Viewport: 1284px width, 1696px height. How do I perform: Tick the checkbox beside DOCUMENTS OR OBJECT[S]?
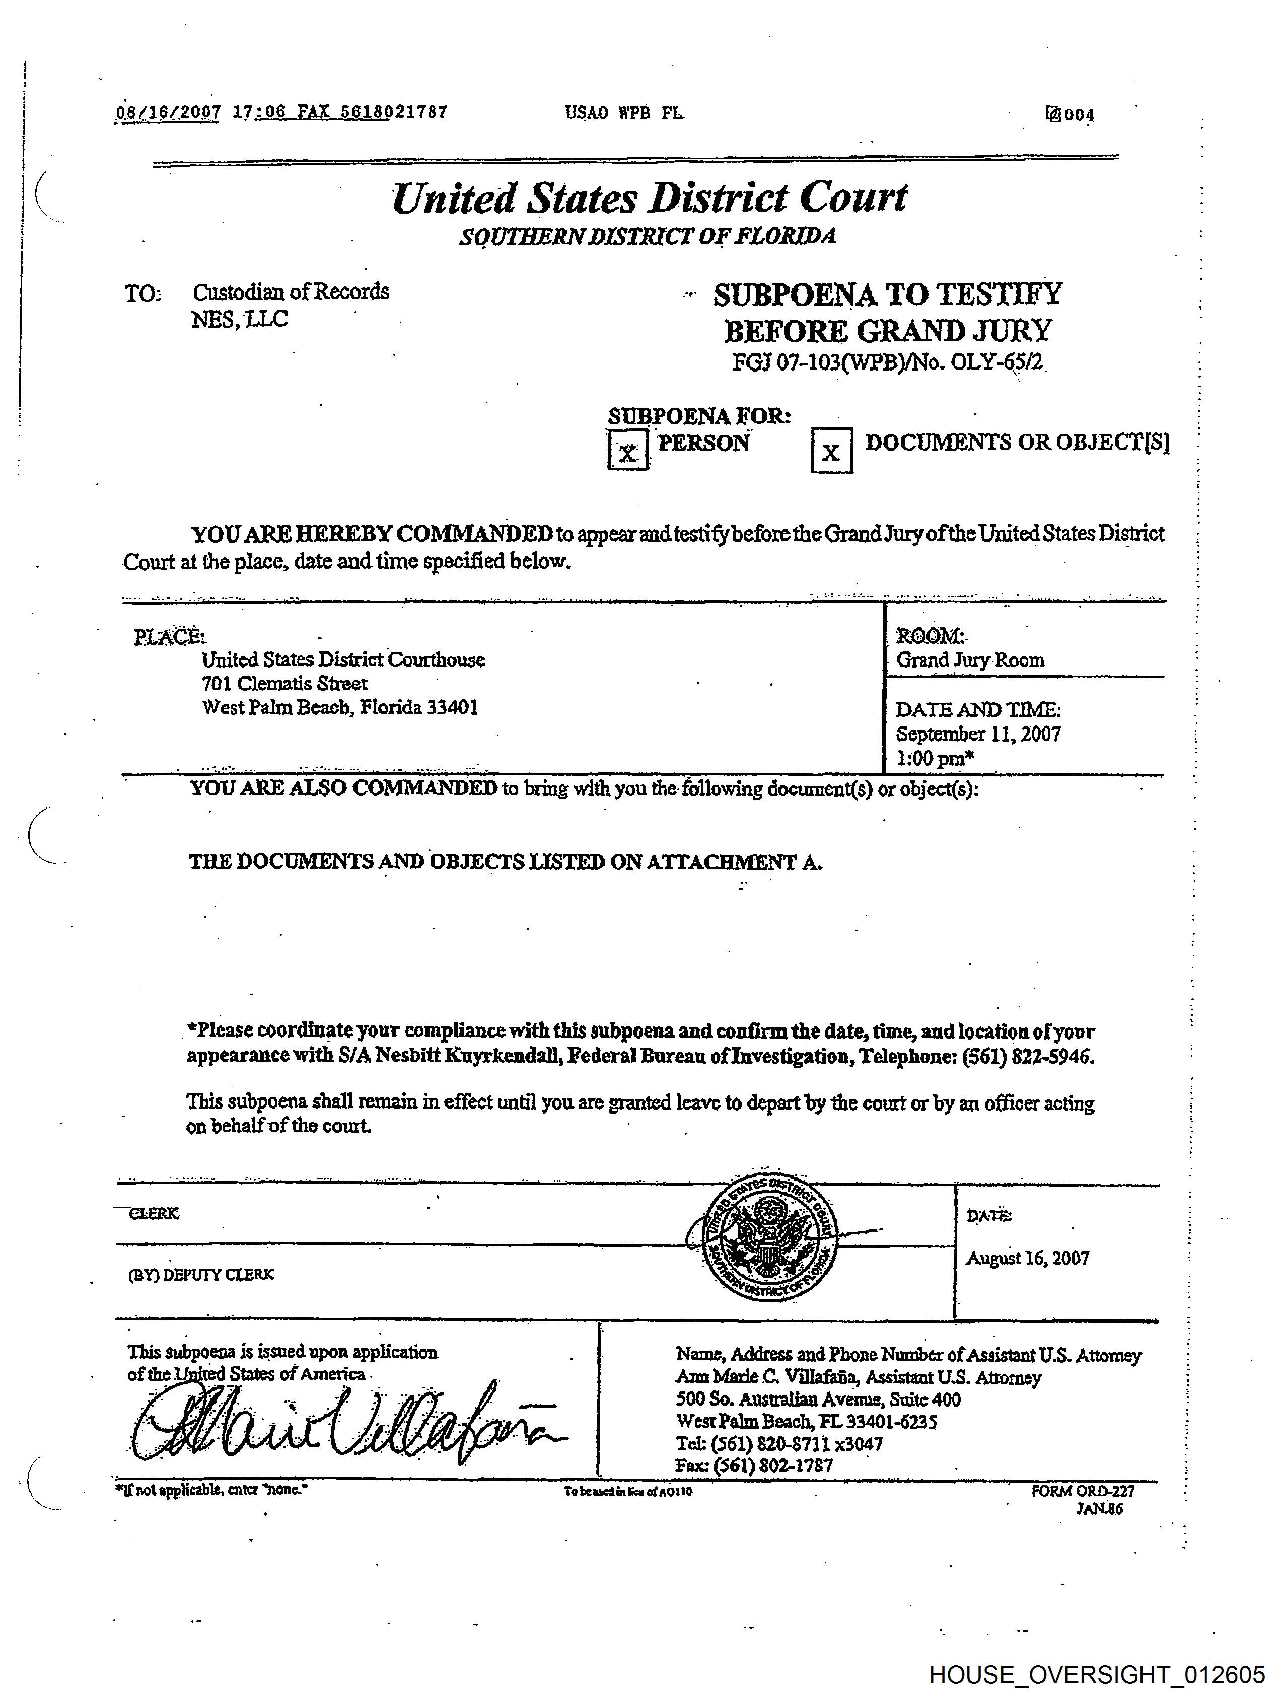coord(831,451)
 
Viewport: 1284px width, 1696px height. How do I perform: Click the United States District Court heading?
coord(649,198)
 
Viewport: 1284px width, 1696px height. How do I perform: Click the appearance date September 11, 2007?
coord(978,734)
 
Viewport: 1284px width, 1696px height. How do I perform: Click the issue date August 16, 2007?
coord(1027,1258)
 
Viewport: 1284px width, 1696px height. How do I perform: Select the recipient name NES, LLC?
coord(239,320)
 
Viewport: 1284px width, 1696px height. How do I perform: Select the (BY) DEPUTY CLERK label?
coord(201,1274)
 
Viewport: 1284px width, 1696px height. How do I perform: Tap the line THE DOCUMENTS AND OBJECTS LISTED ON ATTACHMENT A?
coord(506,862)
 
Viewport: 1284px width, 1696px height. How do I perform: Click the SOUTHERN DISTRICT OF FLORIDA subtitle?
coord(648,236)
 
